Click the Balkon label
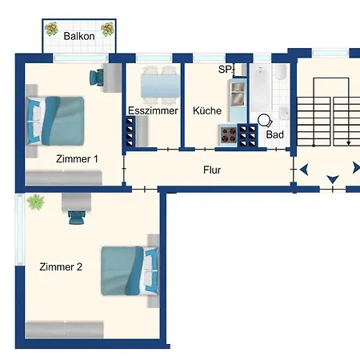coord(79,36)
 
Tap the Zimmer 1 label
coord(77,159)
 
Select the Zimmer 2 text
coord(61,267)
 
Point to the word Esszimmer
coord(153,110)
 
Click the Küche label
coord(207,110)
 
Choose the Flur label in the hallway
coord(212,170)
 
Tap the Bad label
coord(274,134)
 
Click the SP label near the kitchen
coord(225,70)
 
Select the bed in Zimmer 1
coord(55,121)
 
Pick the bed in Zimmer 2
coord(130,270)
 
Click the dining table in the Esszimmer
coord(161,86)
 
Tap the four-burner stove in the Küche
coord(229,135)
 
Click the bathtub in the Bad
coord(261,88)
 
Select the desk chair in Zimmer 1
coord(97,78)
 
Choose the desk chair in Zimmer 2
coord(77,217)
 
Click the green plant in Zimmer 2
coord(36,202)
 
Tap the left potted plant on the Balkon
coord(51,29)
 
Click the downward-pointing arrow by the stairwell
coord(333,179)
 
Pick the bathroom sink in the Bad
coord(284,113)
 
